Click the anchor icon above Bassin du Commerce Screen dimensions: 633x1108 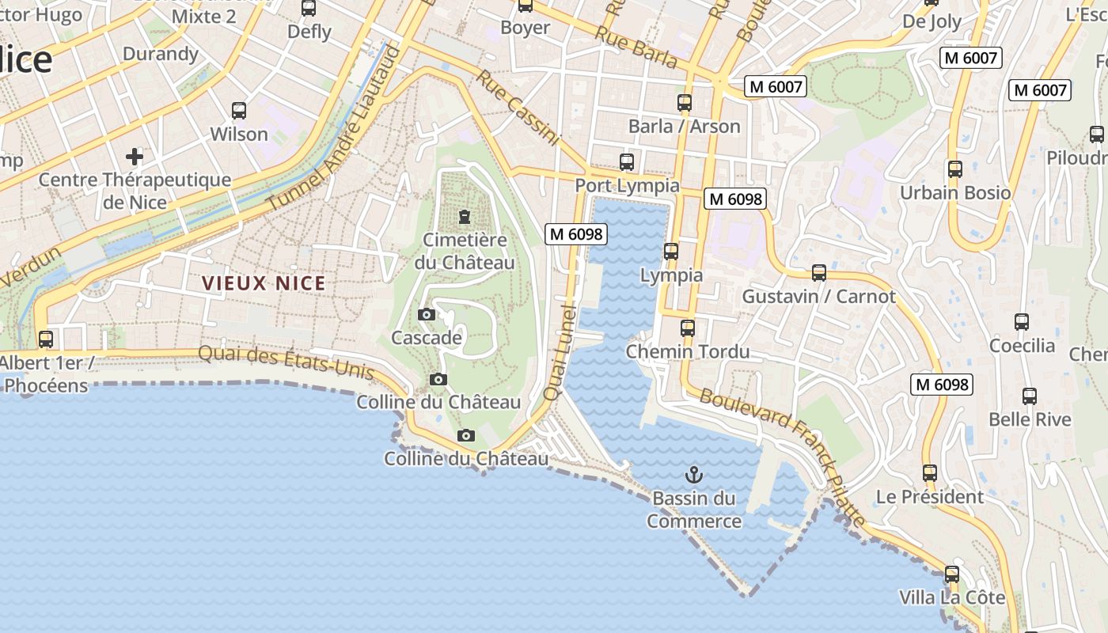point(693,475)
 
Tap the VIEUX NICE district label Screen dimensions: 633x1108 point(264,283)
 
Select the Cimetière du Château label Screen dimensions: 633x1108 point(465,251)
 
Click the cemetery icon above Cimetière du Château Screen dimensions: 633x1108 point(465,215)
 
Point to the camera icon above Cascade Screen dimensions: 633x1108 point(426,315)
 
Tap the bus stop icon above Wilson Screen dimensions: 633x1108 point(239,111)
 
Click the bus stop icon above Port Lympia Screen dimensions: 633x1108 point(627,162)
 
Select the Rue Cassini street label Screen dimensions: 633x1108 point(518,108)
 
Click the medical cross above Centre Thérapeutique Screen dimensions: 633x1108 point(135,156)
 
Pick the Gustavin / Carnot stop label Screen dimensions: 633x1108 point(818,297)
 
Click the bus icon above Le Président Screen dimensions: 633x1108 point(930,473)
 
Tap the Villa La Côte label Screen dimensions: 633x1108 point(952,597)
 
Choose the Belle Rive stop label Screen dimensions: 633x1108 point(1030,419)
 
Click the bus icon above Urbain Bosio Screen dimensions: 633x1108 point(955,169)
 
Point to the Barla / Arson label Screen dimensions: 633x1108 point(685,127)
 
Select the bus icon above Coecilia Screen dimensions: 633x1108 point(1022,322)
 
